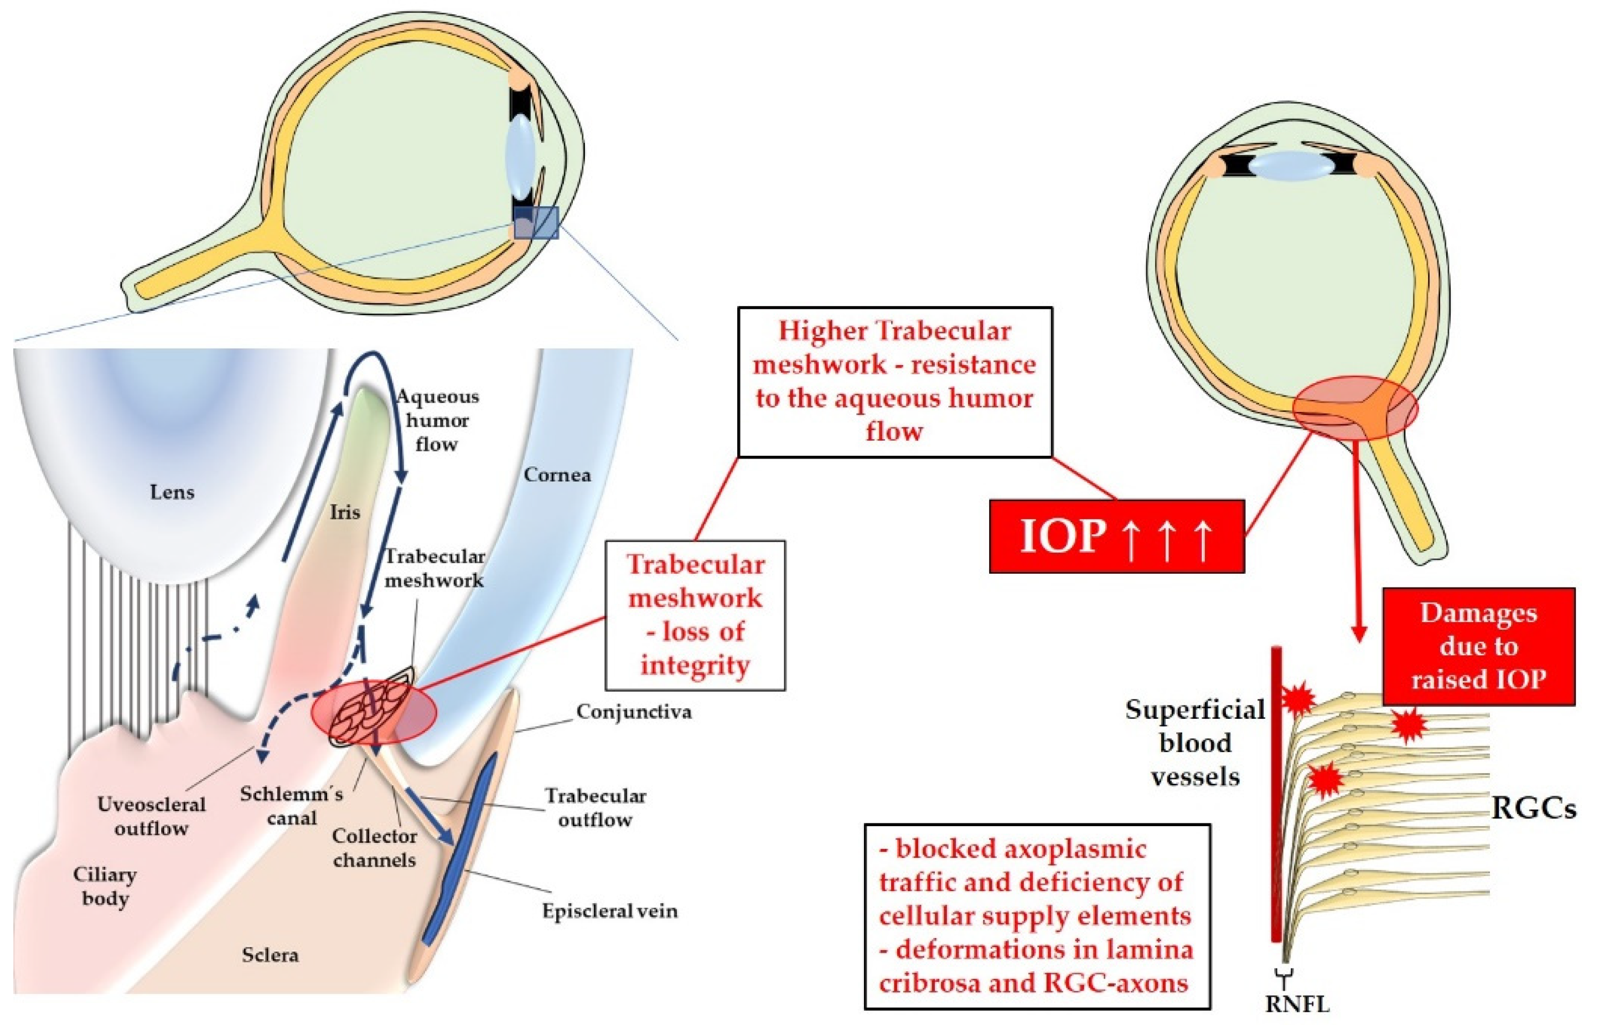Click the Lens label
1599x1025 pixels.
pos(172,492)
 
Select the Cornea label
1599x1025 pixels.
pos(557,475)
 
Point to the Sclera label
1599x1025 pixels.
pos(270,955)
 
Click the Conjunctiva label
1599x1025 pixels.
pos(633,712)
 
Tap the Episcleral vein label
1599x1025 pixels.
pos(609,910)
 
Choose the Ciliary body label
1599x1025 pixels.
pos(105,886)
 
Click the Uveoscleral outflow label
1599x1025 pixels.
pos(152,816)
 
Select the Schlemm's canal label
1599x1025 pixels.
pos(291,805)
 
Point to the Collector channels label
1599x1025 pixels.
pos(375,847)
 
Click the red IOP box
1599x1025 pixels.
pos(1116,536)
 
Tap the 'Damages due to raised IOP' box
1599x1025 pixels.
pos(1478,646)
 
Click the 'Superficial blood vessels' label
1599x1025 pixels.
pos(1196,742)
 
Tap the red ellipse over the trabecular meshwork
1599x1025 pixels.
pos(373,712)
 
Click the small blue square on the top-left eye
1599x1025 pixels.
pos(536,222)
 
